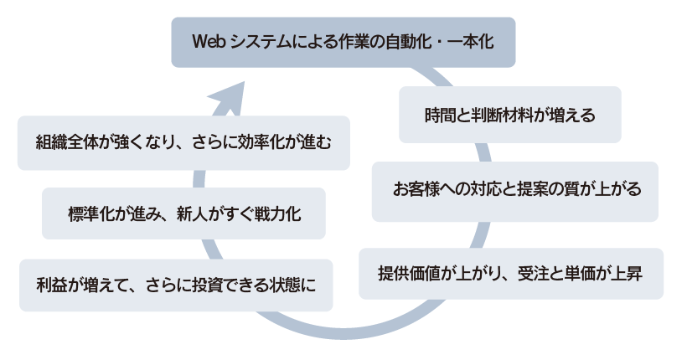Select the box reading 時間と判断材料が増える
(509, 115)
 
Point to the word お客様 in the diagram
(416, 189)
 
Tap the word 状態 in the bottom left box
(283, 285)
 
